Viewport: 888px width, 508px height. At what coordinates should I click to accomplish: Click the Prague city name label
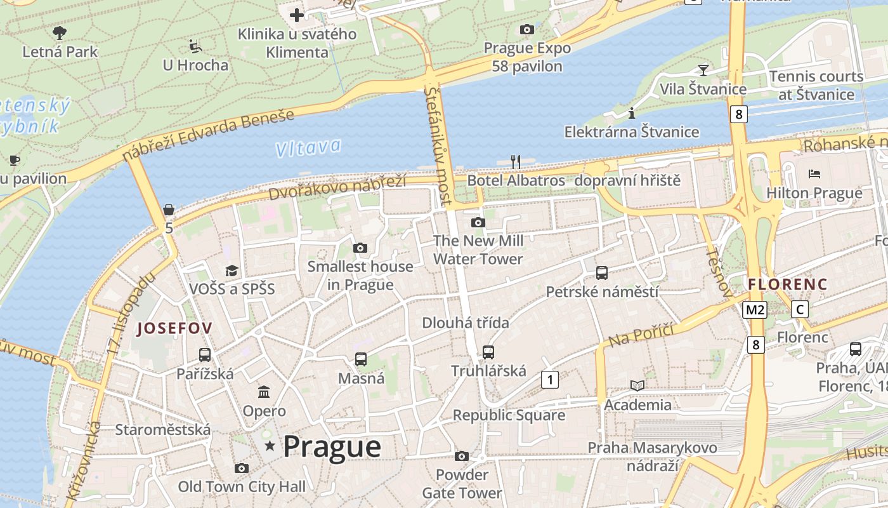point(332,447)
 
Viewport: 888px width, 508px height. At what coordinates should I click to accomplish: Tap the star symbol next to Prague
point(270,446)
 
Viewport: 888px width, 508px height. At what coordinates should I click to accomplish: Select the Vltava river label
point(308,148)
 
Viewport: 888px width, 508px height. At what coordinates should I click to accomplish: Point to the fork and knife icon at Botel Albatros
point(516,162)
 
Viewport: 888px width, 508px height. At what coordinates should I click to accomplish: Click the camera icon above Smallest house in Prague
point(360,248)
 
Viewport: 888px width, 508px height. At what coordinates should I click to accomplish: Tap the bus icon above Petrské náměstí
point(602,273)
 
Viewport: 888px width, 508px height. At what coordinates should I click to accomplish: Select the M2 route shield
point(755,310)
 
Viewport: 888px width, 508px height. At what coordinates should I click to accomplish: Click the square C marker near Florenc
point(800,310)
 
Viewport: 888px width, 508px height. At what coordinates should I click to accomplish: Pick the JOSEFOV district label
point(175,328)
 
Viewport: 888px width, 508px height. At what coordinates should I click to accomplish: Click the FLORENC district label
point(788,284)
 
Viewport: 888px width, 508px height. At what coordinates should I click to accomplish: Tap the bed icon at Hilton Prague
point(814,173)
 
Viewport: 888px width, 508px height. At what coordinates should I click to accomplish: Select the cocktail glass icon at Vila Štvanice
point(703,70)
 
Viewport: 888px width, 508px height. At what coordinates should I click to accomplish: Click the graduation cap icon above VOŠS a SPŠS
point(232,271)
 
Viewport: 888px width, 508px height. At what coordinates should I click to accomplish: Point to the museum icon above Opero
point(264,392)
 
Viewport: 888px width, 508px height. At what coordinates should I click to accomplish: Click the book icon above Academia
point(637,385)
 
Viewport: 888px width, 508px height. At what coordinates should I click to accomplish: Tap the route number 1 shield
point(549,380)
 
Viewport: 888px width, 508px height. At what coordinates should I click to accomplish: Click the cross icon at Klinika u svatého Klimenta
point(296,15)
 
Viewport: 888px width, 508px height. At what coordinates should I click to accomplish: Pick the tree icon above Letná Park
point(60,32)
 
